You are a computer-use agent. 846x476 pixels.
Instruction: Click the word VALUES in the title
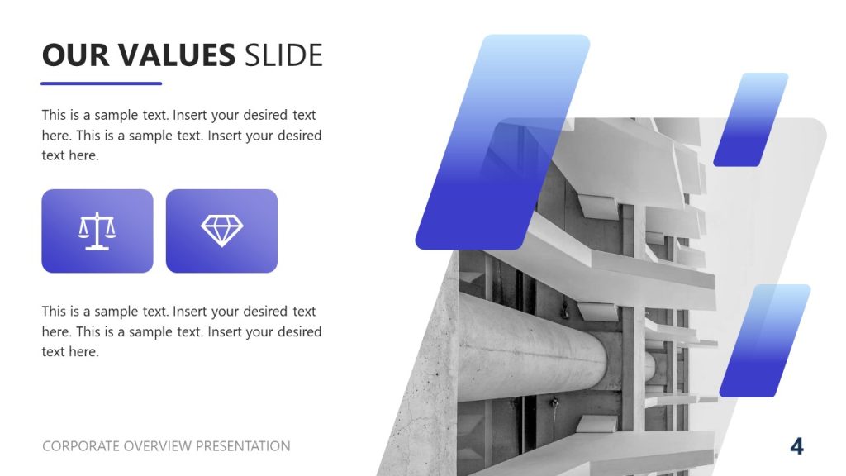click(x=176, y=55)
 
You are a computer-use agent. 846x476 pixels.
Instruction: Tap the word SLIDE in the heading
click(x=283, y=55)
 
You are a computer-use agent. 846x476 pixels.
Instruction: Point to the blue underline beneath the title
click(x=102, y=83)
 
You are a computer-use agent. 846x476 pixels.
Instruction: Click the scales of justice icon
click(x=97, y=231)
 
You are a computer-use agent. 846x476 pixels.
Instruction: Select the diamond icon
click(x=221, y=231)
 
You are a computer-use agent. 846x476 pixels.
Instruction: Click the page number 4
click(x=796, y=446)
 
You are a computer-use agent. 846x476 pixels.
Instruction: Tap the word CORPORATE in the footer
click(x=81, y=446)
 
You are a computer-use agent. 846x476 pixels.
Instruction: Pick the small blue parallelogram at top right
click(x=750, y=120)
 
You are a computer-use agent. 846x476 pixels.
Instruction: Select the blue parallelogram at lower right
click(x=764, y=340)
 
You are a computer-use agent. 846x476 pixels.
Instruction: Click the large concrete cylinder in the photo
click(x=529, y=347)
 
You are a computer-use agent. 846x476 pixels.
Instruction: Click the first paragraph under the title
click(x=182, y=135)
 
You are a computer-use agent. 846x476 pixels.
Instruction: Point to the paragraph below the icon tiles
click(x=182, y=331)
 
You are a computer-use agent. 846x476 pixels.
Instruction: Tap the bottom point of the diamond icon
click(x=221, y=245)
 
